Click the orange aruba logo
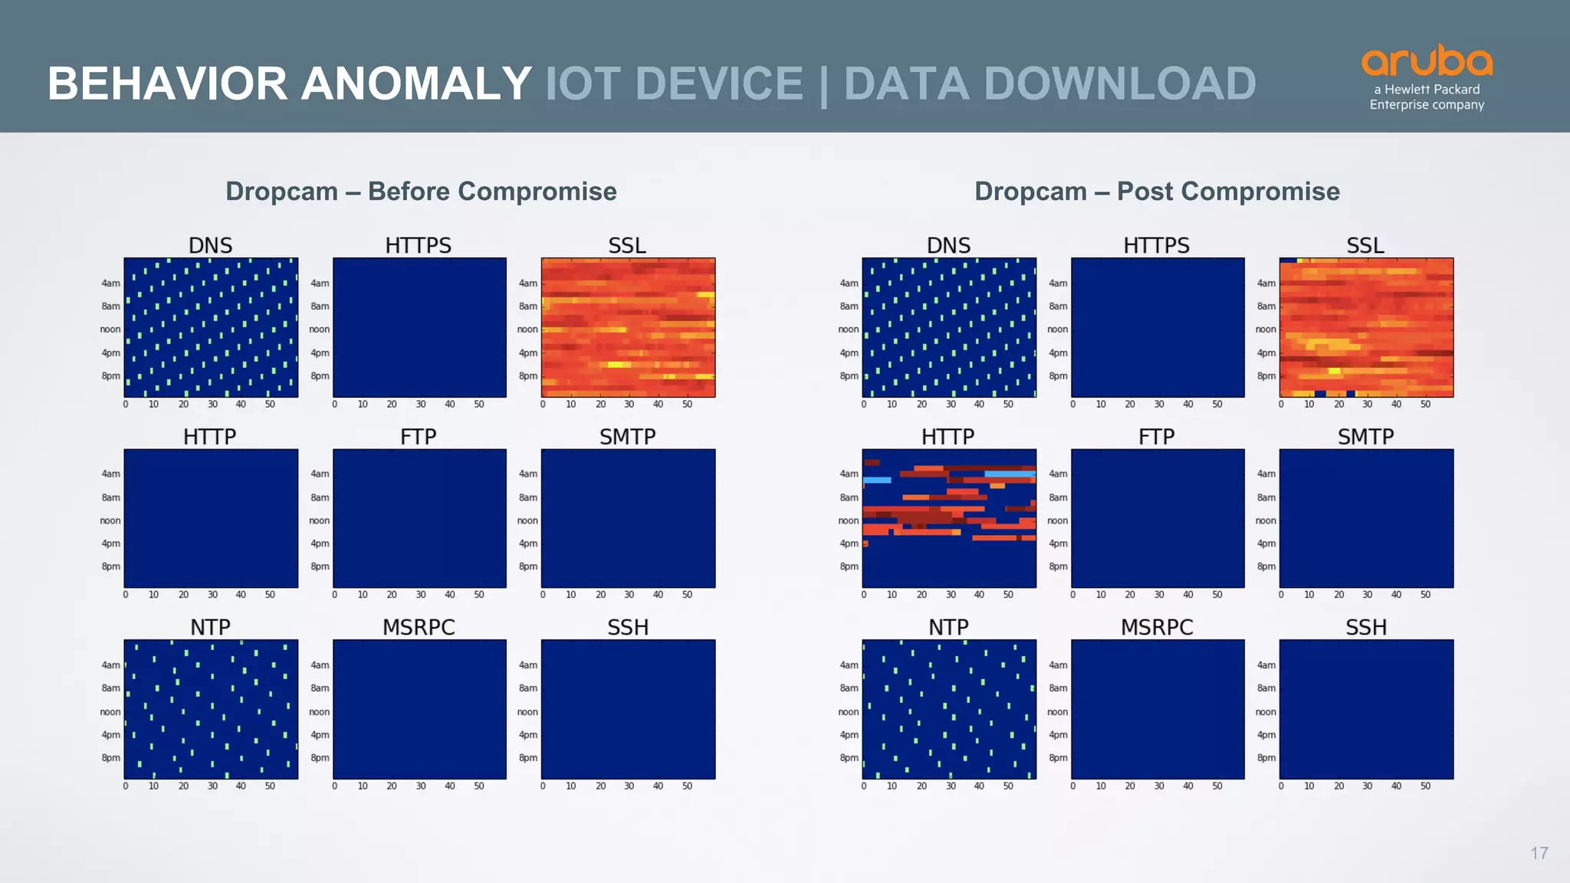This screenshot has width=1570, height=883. pos(1427,61)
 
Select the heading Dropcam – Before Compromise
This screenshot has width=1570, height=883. pos(421,191)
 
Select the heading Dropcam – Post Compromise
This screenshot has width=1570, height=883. pos(1157,191)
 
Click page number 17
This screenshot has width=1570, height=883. pos(1539,853)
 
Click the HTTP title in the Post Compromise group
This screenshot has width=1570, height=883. pos(948,436)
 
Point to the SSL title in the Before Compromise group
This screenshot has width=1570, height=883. pos(627,245)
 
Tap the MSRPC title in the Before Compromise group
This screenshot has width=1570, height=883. pos(419,627)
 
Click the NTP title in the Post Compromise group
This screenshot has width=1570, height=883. pos(948,627)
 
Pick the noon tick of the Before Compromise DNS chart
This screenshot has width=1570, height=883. pos(110,330)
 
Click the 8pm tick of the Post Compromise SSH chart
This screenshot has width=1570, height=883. pos(1266,758)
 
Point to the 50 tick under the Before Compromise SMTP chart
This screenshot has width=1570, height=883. pos(687,595)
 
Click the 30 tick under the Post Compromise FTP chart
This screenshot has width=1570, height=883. pos(1159,595)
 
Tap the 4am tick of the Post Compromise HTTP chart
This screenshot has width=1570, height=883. pos(849,474)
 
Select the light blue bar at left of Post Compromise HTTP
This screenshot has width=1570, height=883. pos(877,480)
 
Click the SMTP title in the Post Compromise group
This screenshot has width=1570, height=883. pos(1365,436)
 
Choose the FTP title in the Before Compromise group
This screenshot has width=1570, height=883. pos(419,436)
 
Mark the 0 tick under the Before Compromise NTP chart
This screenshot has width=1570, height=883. pos(126,786)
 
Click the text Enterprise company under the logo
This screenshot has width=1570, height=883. pos(1427,105)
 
